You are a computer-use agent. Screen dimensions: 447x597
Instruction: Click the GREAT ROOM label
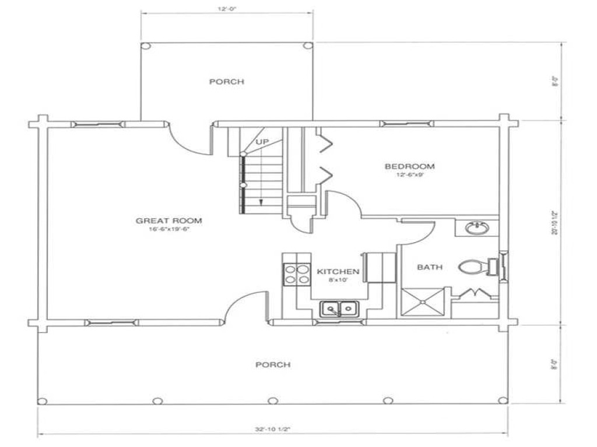(168, 221)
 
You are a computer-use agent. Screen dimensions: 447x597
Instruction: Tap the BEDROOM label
(409, 166)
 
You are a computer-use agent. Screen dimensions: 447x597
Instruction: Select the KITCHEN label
(338, 271)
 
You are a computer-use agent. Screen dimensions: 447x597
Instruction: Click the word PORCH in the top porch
(226, 81)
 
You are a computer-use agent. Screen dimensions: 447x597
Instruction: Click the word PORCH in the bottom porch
(273, 364)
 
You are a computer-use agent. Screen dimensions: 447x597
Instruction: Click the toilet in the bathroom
(472, 268)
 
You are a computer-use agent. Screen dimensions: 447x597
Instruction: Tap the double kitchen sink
(340, 308)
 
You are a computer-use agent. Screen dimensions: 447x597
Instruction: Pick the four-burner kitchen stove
(296, 274)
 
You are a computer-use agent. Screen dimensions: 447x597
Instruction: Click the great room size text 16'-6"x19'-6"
(168, 229)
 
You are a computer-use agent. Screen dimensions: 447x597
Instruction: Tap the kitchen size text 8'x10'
(338, 280)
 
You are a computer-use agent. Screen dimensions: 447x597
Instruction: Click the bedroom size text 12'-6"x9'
(409, 175)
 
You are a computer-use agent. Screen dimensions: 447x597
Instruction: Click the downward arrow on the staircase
(261, 202)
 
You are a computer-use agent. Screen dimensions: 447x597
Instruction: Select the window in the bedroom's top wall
(406, 123)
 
